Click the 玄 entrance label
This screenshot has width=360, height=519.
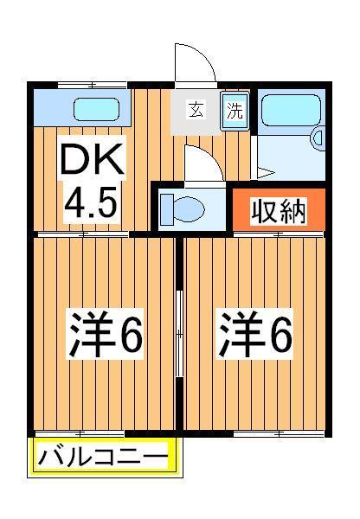point(196,110)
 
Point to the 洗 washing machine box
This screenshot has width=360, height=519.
point(235,110)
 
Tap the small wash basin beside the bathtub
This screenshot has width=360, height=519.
point(316,137)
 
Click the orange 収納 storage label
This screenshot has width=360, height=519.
point(280,211)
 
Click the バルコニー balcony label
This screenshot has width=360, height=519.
point(105,457)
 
